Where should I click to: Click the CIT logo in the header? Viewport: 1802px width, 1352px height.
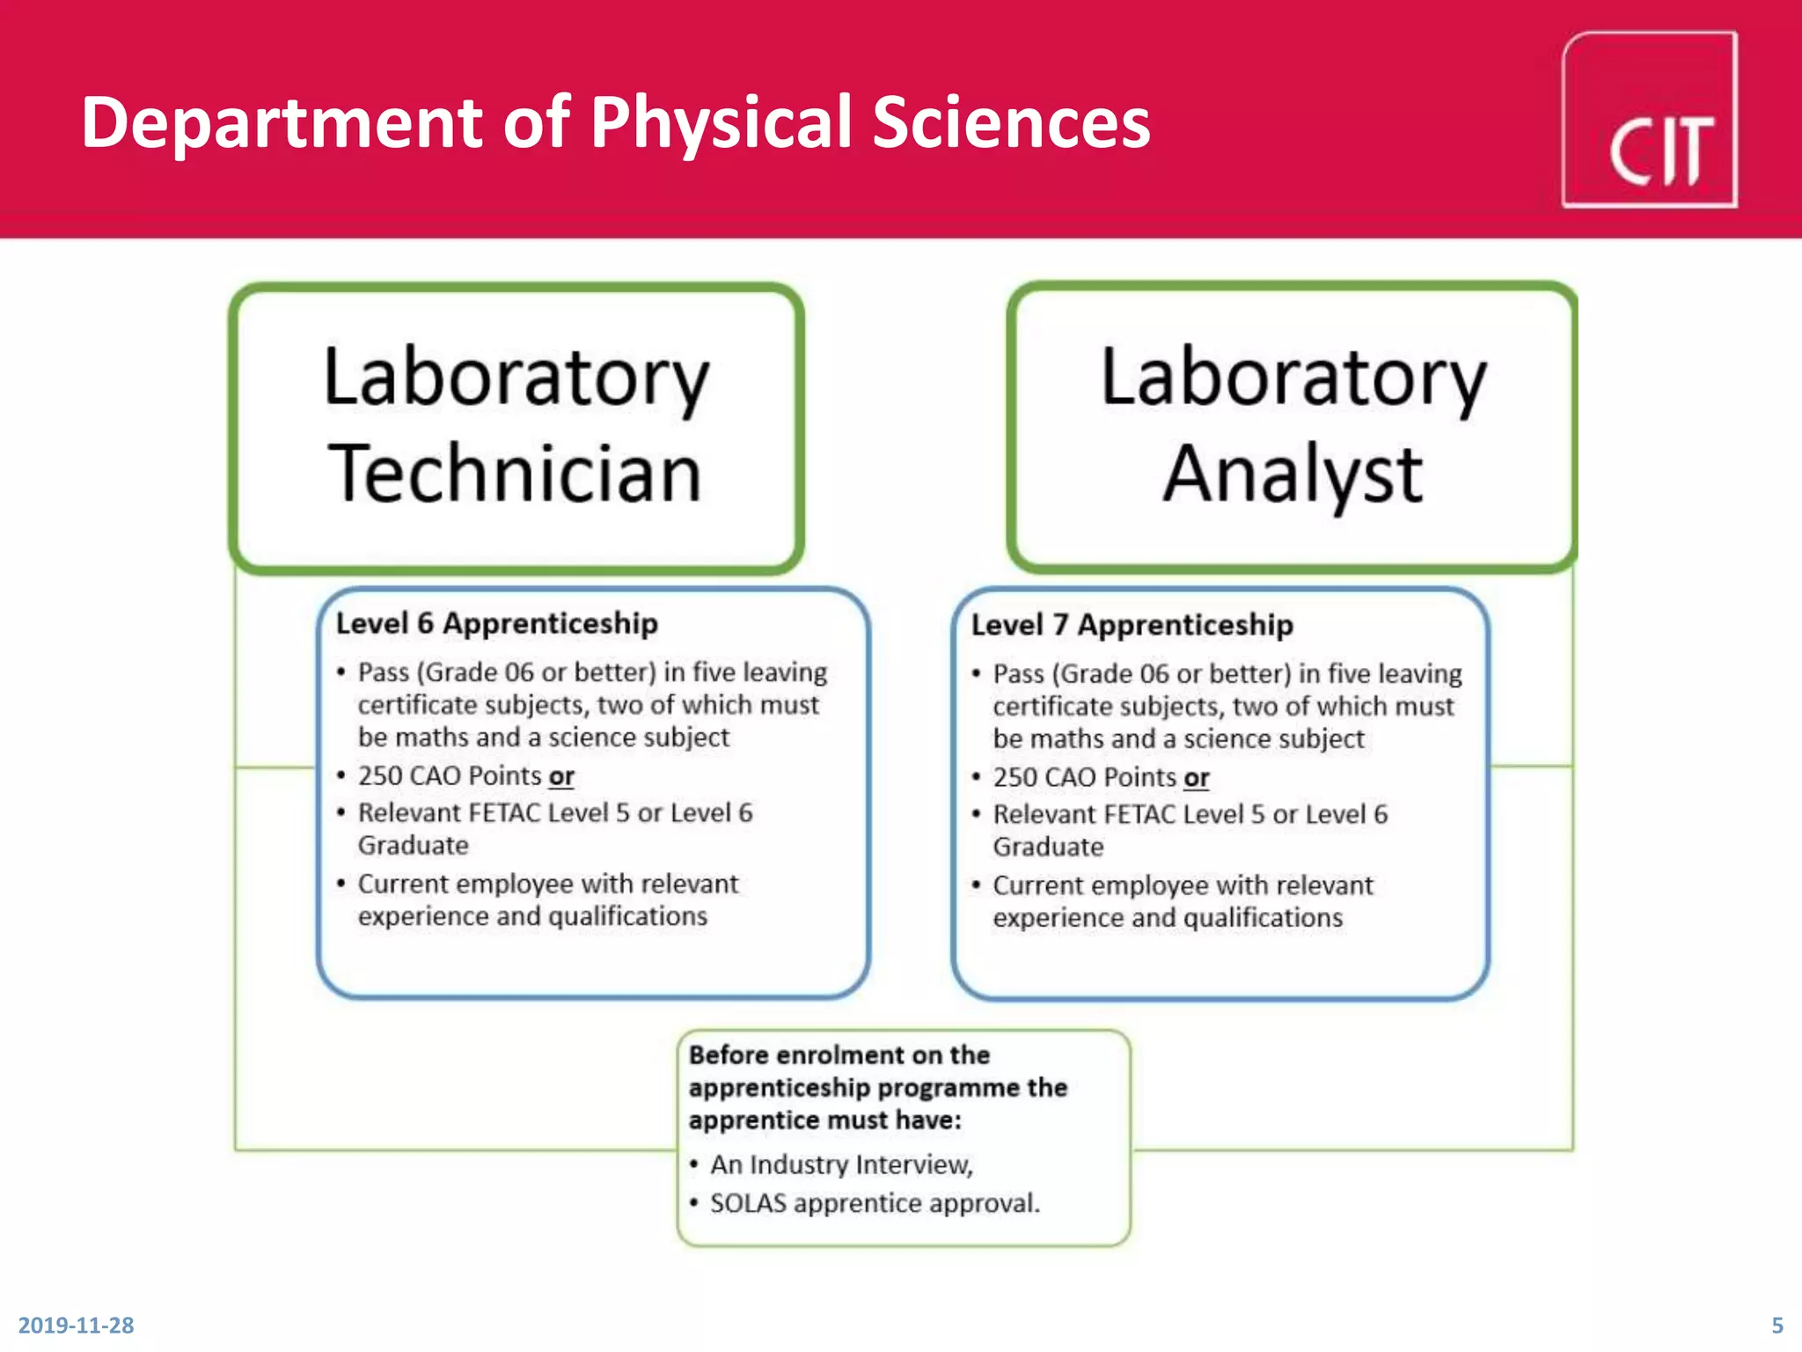click(1649, 121)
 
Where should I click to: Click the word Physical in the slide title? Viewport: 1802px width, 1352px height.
click(721, 122)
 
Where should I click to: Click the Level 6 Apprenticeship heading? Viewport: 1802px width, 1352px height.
click(496, 623)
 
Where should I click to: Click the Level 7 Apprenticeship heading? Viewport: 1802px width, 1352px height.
click(1132, 625)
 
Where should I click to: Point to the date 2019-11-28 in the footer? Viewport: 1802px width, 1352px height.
click(76, 1325)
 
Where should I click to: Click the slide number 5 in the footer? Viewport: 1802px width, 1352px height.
click(1776, 1325)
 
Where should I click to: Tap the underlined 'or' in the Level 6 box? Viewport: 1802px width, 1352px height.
click(561, 776)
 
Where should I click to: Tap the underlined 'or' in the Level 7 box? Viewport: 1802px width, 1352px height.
click(1196, 778)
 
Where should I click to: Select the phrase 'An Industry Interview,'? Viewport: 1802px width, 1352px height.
click(841, 1165)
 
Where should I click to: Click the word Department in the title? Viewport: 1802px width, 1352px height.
click(282, 122)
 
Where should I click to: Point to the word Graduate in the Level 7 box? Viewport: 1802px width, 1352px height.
click(1048, 847)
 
